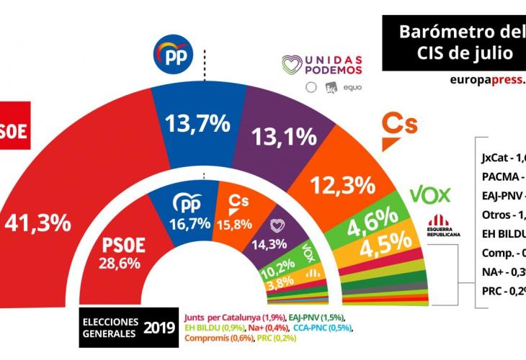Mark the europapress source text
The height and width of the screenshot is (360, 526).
tap(486, 80)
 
